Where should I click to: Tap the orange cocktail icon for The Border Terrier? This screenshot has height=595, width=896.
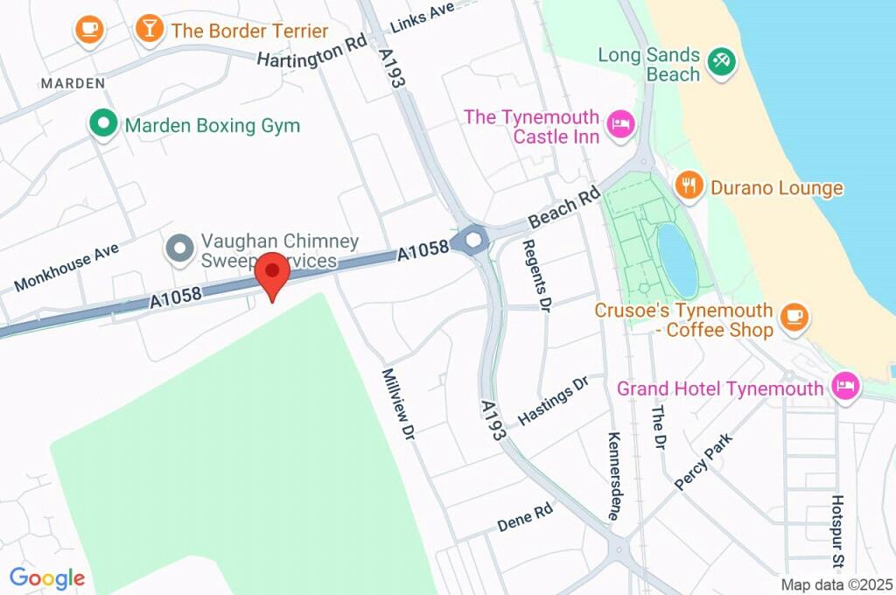[x=150, y=30]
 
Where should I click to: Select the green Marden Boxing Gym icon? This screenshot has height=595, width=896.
[x=104, y=124]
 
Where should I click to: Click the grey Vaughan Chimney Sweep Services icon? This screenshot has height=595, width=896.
[x=180, y=249]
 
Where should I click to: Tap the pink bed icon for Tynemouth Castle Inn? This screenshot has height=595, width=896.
[x=621, y=124]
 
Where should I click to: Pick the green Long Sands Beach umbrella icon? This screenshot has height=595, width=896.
[x=723, y=63]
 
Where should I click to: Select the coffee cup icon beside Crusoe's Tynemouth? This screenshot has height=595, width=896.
[x=794, y=318]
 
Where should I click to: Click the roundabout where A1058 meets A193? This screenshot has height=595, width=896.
[x=473, y=240]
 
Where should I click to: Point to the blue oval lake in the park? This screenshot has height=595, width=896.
[x=677, y=260]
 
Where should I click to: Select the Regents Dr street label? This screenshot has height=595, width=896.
[x=536, y=276]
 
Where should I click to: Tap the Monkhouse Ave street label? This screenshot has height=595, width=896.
[x=66, y=268]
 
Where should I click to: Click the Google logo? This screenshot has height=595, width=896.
[x=47, y=577]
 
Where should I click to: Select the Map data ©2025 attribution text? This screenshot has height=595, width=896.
[x=836, y=584]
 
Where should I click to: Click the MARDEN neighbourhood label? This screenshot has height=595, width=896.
[x=73, y=83]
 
